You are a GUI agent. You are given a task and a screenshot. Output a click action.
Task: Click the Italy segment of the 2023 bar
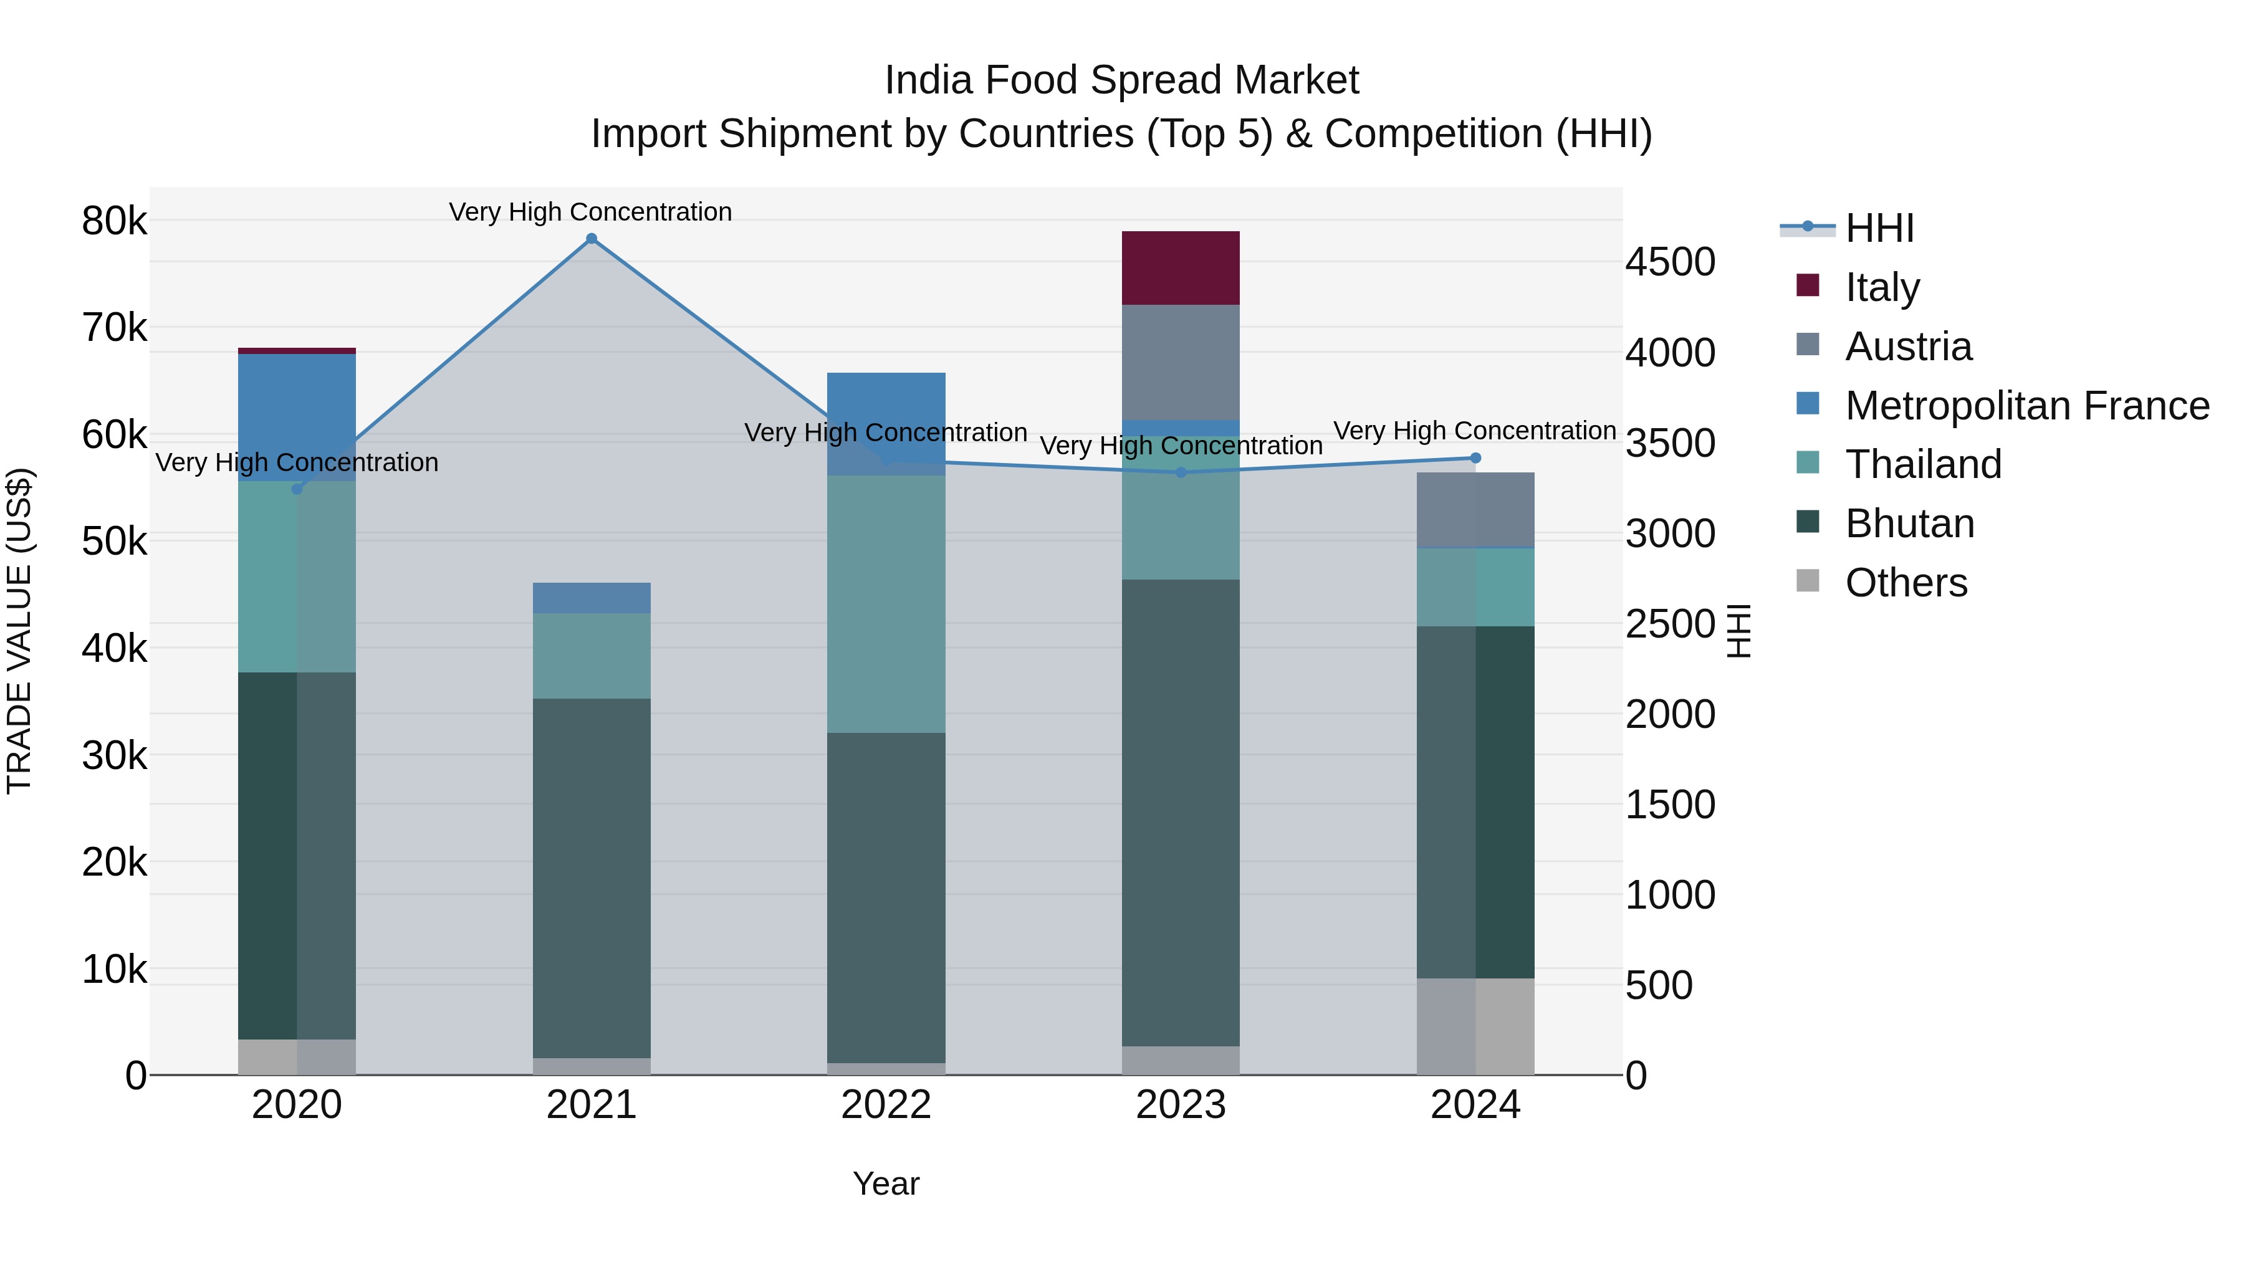click(1181, 267)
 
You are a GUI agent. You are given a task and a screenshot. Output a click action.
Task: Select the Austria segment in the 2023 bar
click(1181, 361)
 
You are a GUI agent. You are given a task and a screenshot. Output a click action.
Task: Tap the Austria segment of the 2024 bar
click(1475, 510)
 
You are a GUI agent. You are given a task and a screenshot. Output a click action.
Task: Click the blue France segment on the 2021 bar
click(592, 598)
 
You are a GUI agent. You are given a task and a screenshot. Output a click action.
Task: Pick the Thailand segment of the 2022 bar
click(886, 603)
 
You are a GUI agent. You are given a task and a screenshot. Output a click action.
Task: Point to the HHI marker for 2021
click(592, 239)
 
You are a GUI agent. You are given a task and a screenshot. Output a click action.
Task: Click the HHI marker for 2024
click(1475, 458)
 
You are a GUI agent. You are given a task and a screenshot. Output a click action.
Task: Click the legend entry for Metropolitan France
click(2026, 406)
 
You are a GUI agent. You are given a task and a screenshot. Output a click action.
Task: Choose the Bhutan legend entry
click(1909, 523)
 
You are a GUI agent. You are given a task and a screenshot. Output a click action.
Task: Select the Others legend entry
click(1906, 583)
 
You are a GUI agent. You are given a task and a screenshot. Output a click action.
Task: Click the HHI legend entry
click(1879, 228)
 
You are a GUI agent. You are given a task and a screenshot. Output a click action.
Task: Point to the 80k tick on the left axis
click(114, 221)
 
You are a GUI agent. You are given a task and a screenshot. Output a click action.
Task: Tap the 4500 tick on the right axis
click(1670, 262)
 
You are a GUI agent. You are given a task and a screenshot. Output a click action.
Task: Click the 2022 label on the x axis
click(886, 1105)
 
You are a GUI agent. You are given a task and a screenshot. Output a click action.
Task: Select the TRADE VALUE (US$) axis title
click(19, 631)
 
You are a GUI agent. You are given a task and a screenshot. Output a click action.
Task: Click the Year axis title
click(886, 1183)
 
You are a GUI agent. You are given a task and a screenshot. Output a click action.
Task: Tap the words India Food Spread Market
click(1121, 80)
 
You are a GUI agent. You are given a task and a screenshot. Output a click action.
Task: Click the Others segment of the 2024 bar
click(1475, 1026)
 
